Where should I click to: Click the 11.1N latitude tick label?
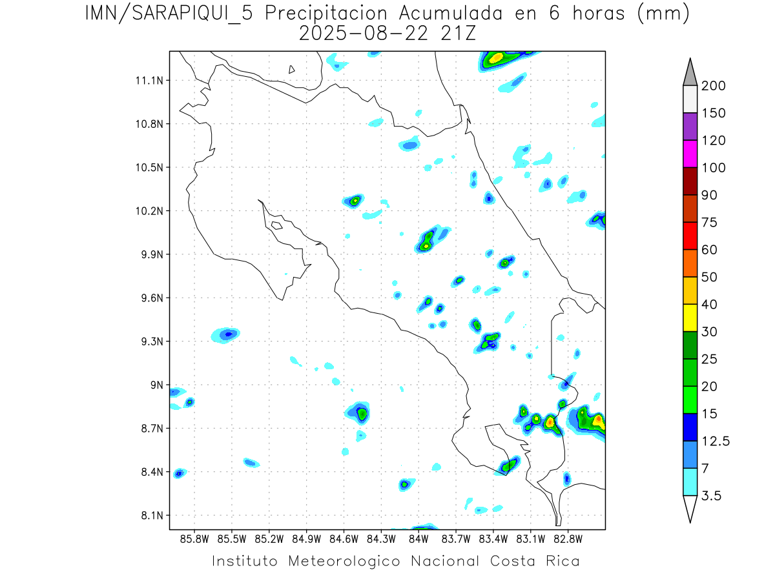coord(147,81)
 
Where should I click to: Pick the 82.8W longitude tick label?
coord(568,538)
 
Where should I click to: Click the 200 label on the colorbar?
coord(713,86)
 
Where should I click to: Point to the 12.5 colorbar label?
coord(716,441)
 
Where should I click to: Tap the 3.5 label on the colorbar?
coord(712,496)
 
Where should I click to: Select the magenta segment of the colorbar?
coord(689,154)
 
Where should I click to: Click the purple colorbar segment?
coord(689,127)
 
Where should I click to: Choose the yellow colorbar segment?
coord(689,318)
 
